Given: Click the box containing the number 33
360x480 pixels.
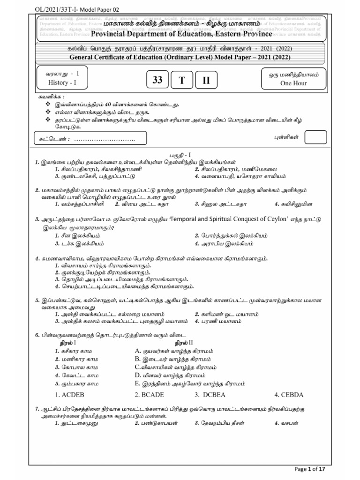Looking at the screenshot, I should (157, 81).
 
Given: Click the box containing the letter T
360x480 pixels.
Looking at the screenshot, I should (181, 81).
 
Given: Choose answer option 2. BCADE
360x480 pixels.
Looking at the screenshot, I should (150, 394).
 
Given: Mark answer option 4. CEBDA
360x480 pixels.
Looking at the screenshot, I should (289, 394).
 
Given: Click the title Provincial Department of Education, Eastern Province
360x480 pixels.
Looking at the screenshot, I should (181, 34).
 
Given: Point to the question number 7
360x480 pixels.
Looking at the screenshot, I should (37, 409).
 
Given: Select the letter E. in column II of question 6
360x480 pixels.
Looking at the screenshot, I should (138, 383).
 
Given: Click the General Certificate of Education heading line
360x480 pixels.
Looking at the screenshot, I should (180, 57).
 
